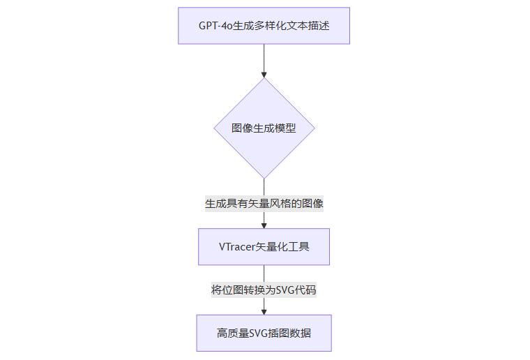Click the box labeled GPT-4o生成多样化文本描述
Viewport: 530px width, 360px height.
(x=264, y=26)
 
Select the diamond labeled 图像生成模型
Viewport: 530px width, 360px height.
(x=264, y=128)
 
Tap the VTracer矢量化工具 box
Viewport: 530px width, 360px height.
(x=264, y=246)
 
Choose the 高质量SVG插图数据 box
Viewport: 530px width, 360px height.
(x=264, y=333)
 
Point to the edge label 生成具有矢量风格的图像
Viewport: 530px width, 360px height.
(x=264, y=204)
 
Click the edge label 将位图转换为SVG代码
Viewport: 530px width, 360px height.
(x=264, y=290)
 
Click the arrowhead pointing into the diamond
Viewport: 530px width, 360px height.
(x=264, y=73)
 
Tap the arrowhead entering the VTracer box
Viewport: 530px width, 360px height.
(x=264, y=225)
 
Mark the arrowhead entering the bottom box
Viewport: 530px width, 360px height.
(x=264, y=311)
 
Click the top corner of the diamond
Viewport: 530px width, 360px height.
(x=264, y=78)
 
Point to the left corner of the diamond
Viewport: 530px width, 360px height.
(x=214, y=128)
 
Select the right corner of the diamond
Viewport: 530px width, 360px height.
(x=314, y=128)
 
